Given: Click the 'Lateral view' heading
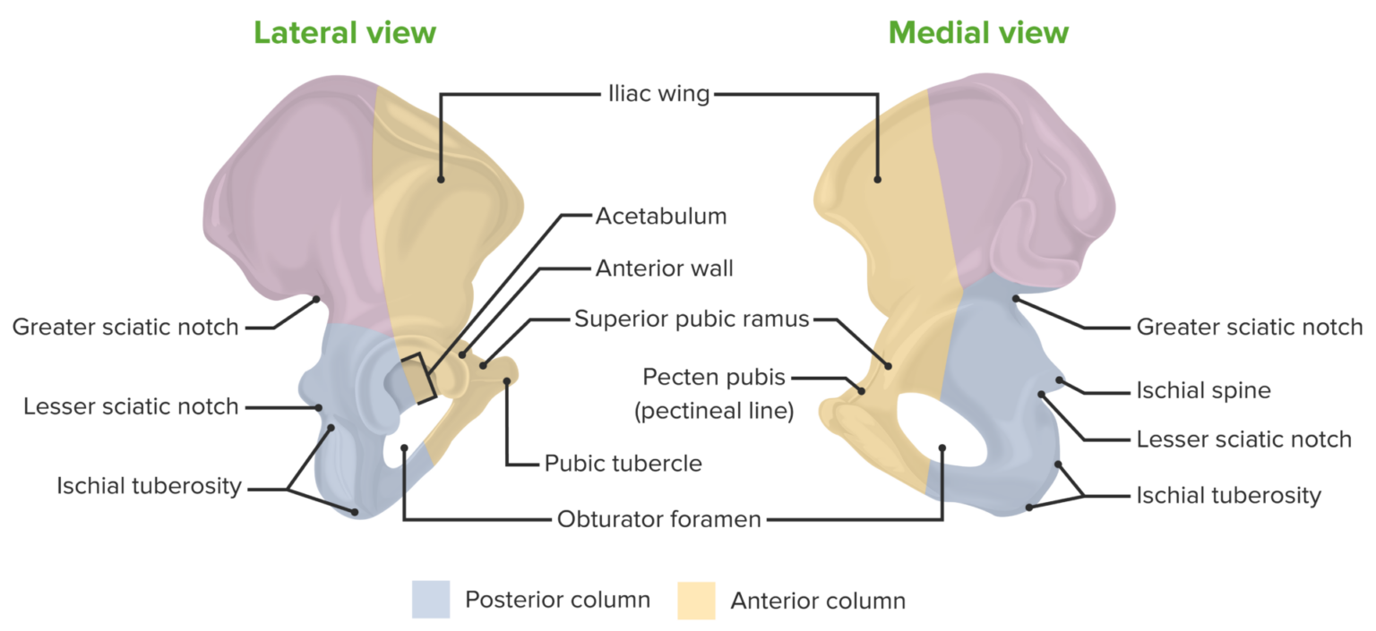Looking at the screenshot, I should (345, 33).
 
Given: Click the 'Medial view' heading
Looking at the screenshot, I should (978, 33).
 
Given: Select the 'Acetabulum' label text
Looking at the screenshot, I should (660, 217).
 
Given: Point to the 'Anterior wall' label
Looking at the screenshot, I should (665, 268).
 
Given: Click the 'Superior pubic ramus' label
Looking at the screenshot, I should (692, 319).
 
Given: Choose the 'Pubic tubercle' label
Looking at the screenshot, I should (623, 463).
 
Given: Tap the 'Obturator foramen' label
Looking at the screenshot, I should (658, 518).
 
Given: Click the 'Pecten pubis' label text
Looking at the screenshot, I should (714, 378).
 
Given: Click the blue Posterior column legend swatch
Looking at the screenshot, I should (430, 600).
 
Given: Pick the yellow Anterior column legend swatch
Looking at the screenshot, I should (696, 600).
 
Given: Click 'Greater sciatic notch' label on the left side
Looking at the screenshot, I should (125, 328).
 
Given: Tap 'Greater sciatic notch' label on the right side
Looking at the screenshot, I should (1250, 327).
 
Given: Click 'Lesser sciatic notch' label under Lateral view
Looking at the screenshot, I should (131, 407).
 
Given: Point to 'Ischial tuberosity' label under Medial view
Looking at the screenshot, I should (1228, 495).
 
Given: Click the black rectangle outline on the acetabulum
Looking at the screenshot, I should (417, 376).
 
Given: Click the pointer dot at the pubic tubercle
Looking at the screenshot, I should (506, 381).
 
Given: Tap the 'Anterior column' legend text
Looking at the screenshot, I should (818, 600).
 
